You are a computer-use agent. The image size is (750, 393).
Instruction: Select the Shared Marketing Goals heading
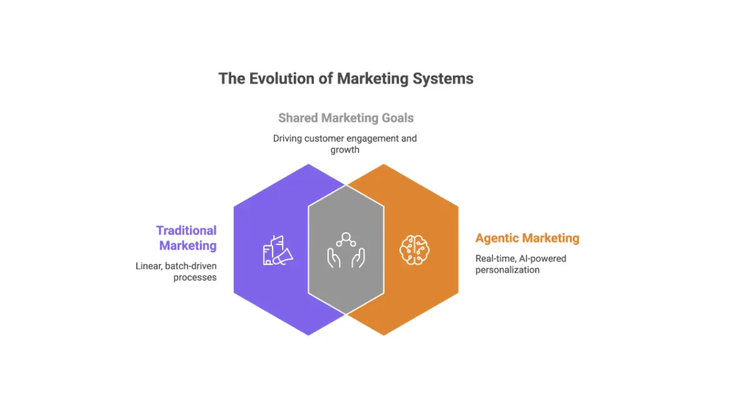tap(346, 118)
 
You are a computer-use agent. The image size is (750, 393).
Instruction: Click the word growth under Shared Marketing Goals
tap(345, 150)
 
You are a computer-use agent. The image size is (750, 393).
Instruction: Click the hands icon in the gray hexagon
tap(346, 251)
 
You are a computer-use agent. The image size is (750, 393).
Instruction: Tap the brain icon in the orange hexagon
tap(414, 251)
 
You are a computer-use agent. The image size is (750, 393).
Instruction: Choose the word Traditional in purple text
tap(186, 231)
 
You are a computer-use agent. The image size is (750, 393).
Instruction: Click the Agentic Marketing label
tap(527, 238)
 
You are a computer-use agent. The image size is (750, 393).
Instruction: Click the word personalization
tap(507, 269)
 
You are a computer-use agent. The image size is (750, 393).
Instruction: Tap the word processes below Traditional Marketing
tap(195, 277)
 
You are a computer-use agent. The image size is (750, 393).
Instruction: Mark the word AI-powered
tap(544, 258)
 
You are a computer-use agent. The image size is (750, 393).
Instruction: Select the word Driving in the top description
tap(287, 138)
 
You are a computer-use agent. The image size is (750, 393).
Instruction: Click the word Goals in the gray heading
tap(397, 118)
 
